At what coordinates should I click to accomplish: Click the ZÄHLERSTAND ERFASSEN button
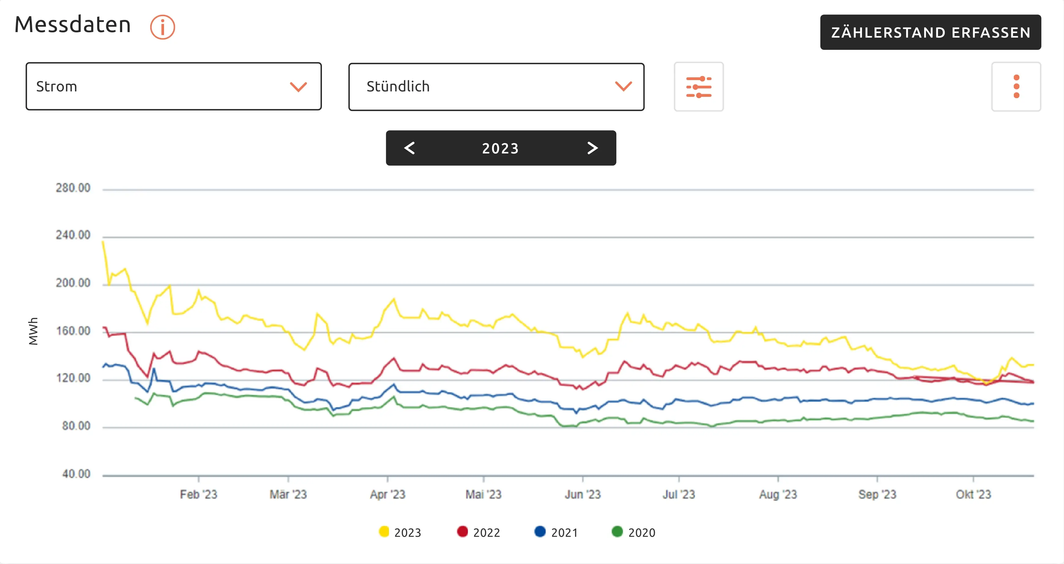point(930,32)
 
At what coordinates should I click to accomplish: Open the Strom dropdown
point(174,86)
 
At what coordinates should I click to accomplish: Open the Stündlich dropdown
point(496,87)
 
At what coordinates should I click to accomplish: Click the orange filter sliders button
point(698,87)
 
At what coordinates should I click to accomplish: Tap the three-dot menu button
point(1016,87)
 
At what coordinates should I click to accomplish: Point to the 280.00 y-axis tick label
point(73,188)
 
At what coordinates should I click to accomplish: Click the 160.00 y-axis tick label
point(73,331)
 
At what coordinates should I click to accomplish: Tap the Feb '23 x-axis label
point(199,494)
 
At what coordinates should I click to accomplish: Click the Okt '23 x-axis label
point(973,494)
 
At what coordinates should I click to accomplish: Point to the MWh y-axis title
point(33,331)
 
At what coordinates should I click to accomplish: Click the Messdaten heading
point(73,25)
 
